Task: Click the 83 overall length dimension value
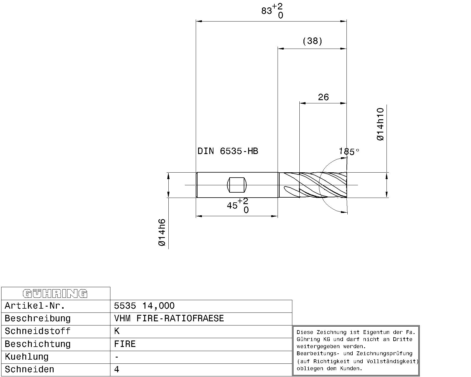pos(267,11)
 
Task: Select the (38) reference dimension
pos(312,41)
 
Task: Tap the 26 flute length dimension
pos(323,97)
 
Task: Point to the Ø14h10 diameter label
pos(380,124)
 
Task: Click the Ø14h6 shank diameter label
pos(162,232)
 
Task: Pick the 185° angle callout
pos(349,151)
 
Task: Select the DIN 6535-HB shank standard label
pos(228,151)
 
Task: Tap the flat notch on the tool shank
pos(237,185)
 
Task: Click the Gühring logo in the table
pos(55,294)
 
